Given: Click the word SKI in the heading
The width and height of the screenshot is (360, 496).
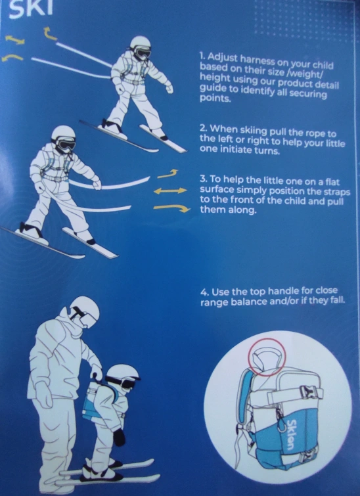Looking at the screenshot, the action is [30, 9].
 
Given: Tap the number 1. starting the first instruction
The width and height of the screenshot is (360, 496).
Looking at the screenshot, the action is [202, 56].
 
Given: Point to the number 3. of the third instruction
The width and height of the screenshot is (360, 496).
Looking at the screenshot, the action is [204, 179].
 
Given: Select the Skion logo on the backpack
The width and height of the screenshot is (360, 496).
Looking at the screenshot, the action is [292, 433].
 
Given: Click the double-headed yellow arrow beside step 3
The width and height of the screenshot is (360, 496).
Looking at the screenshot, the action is [171, 191].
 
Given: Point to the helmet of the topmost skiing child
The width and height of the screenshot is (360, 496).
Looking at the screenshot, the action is [141, 43].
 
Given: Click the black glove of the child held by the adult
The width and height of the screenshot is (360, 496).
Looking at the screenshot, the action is [119, 437].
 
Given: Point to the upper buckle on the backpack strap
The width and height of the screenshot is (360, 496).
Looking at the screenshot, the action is [305, 392].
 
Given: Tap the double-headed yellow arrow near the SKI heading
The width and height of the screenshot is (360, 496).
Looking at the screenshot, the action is [15, 40].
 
